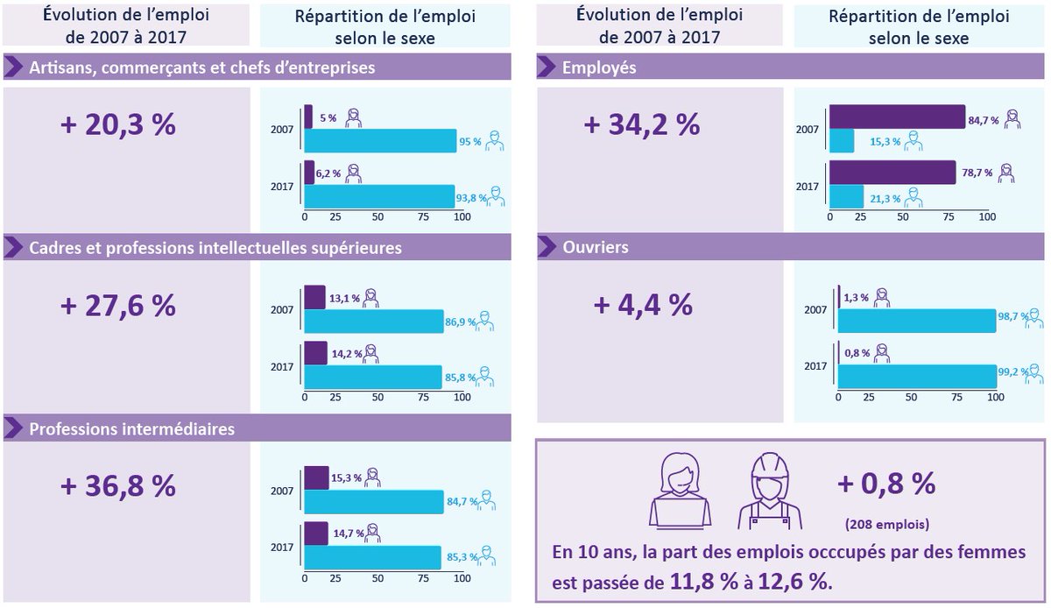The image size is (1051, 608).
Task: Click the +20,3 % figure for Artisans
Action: coord(118,124)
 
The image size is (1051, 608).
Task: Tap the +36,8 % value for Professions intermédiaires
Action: coord(118,486)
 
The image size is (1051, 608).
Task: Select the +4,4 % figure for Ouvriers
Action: coord(643,306)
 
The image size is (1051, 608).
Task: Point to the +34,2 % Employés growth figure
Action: coord(641,124)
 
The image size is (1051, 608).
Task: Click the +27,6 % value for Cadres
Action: coord(118,306)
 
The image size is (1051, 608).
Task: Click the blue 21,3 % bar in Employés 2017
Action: coord(846,197)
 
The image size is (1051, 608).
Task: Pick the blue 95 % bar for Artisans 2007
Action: coord(380,141)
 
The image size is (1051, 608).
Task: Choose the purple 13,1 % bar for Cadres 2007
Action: coord(314,297)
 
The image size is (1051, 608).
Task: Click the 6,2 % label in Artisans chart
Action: coord(328,173)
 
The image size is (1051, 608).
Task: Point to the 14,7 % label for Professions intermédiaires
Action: coord(346,533)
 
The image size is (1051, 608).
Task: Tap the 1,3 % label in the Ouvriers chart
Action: coord(856,297)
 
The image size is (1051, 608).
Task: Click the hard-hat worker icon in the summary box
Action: coord(770,491)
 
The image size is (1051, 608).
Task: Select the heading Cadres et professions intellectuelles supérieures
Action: coord(215,248)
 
